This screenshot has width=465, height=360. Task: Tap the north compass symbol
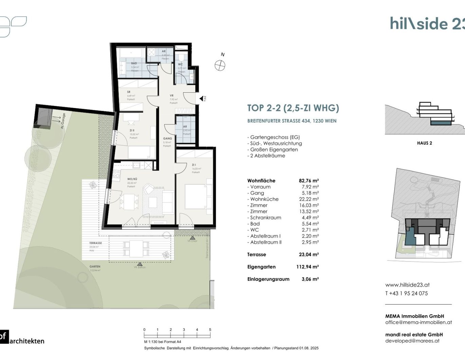(x=220, y=65)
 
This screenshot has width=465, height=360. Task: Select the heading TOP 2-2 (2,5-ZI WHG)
(x=293, y=108)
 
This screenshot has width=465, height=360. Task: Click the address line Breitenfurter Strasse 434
(x=292, y=121)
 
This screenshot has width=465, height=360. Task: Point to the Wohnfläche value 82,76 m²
(x=309, y=181)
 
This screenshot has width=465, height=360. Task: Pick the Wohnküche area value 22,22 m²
(x=309, y=199)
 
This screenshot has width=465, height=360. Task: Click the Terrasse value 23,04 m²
(x=309, y=254)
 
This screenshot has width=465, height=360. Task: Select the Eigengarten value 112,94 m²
(x=307, y=267)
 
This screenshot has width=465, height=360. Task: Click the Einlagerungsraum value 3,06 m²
(x=310, y=279)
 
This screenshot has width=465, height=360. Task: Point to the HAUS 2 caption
(x=424, y=143)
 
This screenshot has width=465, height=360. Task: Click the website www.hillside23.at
(x=407, y=285)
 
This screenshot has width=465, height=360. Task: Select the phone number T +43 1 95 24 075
(x=406, y=293)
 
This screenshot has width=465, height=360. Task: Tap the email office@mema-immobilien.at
(x=418, y=322)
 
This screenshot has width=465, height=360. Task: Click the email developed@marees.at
(x=412, y=341)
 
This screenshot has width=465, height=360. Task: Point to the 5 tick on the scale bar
(x=210, y=330)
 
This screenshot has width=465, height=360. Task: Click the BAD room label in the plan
(x=134, y=64)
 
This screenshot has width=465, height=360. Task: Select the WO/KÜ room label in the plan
(x=132, y=179)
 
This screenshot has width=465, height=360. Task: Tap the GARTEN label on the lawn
(x=95, y=267)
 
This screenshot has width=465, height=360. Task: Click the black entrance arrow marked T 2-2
(x=202, y=98)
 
